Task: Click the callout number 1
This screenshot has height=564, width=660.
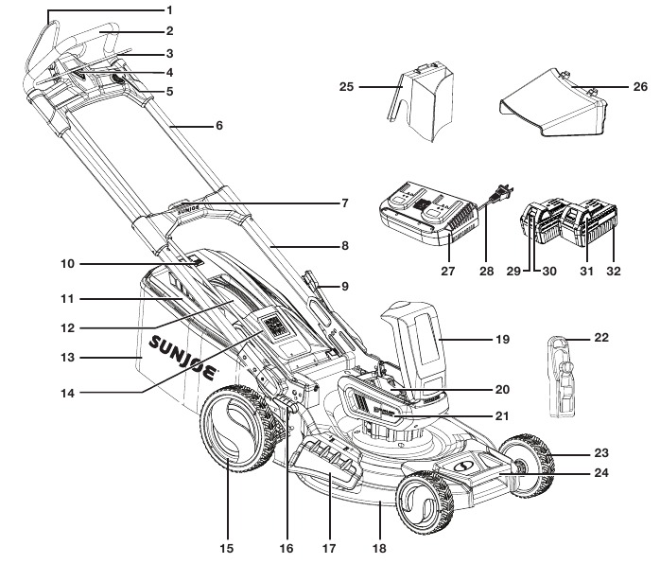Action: pos(169,10)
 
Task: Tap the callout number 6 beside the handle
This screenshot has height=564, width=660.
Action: pos(218,125)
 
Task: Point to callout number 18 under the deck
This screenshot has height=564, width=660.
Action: pos(379,547)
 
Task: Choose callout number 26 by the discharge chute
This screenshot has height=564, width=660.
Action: pos(640,85)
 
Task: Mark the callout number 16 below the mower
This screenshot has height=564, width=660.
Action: pos(287,547)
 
